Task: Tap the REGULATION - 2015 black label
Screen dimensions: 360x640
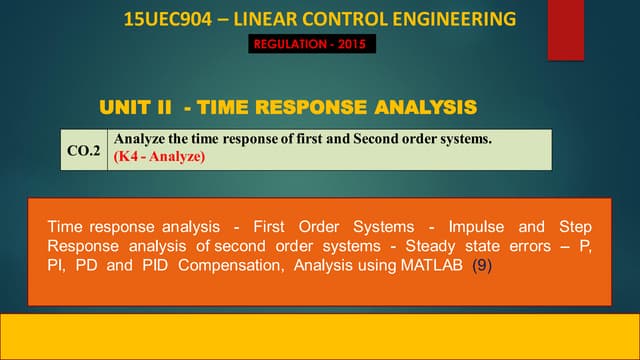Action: [312, 44]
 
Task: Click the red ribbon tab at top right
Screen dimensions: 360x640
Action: [565, 29]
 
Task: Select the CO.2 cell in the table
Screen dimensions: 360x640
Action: [85, 150]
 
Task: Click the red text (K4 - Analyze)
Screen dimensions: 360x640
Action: [160, 157]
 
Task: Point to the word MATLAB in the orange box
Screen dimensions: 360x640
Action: [432, 268]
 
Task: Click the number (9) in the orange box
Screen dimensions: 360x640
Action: [482, 268]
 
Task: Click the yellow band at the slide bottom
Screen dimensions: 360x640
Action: [320, 336]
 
